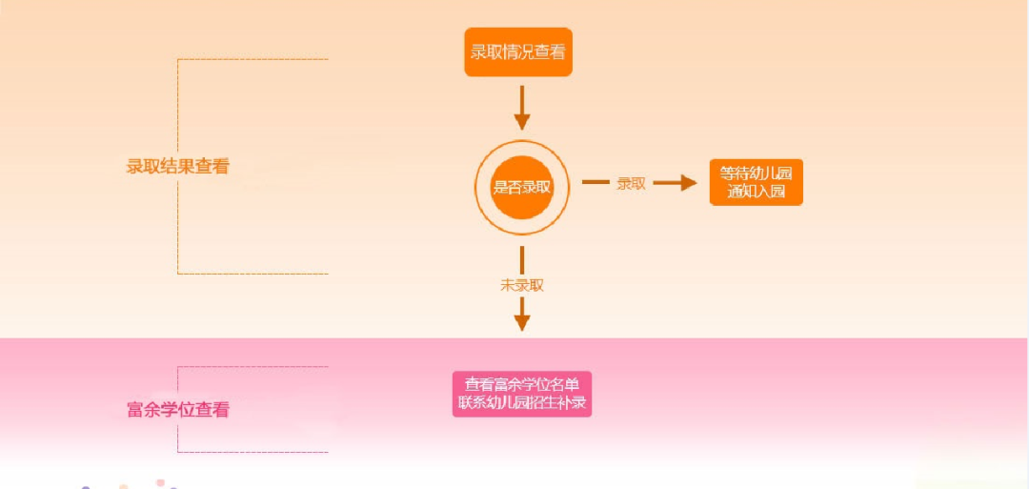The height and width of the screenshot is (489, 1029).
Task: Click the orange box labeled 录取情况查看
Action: (518, 52)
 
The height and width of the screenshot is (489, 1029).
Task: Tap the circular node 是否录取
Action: (521, 187)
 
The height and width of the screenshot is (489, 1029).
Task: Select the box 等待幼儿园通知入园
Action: (757, 182)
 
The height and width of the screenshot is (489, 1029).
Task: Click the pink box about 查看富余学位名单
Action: (522, 394)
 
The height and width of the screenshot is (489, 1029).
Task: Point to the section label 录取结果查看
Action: (178, 166)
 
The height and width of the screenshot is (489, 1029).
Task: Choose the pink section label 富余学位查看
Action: (178, 410)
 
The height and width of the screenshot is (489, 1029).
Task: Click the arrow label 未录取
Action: (522, 284)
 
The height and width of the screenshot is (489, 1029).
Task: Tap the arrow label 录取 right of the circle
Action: (631, 183)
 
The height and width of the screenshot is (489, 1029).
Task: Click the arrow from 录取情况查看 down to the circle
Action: (521, 107)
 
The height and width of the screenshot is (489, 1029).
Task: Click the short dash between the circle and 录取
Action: (595, 182)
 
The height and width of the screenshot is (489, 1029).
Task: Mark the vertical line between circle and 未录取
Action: (522, 259)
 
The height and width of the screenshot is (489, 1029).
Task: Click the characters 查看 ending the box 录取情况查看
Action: (550, 52)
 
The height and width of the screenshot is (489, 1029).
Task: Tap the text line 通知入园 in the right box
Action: (757, 192)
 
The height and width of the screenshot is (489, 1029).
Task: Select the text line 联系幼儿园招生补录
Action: (522, 403)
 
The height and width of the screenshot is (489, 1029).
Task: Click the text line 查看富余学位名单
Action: (522, 384)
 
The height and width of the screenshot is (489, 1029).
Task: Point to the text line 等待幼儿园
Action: (757, 173)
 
